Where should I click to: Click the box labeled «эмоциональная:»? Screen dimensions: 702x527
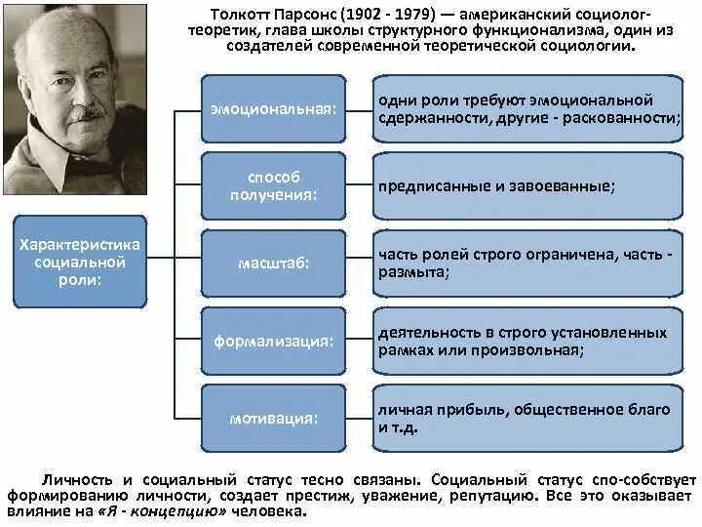273,108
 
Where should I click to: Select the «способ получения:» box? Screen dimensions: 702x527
273,185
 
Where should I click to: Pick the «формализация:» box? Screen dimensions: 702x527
273,341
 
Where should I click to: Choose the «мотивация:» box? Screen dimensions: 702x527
273,418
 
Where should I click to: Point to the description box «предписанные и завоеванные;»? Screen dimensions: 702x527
527,185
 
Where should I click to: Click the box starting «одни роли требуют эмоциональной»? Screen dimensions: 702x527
527,108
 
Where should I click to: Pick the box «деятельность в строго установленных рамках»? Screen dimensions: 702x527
527,340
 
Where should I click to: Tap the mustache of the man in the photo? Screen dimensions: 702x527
86,113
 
